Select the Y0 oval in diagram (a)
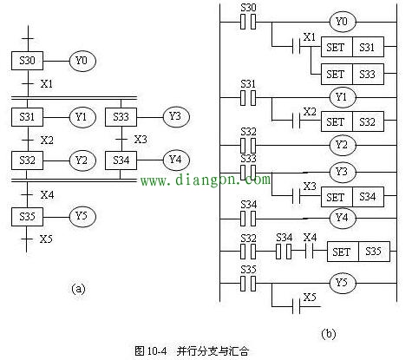(x=82, y=62)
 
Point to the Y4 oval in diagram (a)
(x=177, y=160)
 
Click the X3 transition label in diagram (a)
(x=141, y=138)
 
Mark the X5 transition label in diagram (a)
(x=44, y=239)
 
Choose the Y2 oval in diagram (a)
(x=82, y=160)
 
